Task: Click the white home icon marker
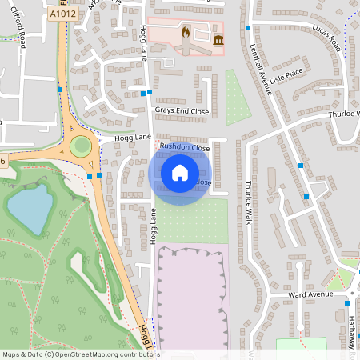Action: coord(180,172)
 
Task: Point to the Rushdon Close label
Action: coord(184,148)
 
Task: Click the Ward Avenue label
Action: coord(310,294)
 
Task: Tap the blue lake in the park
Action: coord(29,206)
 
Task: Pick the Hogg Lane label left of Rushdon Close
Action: coord(133,138)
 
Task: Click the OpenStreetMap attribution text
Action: coord(80,354)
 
